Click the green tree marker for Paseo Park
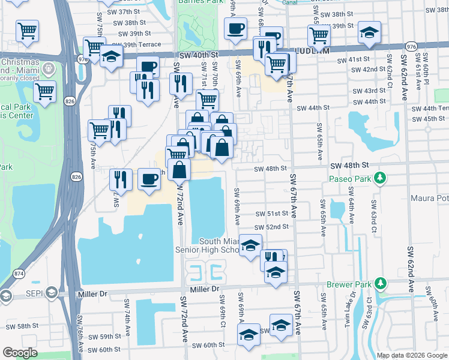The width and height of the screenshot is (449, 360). pos(379,178)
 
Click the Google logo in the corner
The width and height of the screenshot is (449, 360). pos(19,353)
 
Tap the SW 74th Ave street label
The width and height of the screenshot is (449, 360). pos(127,311)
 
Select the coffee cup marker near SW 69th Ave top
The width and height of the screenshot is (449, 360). pos(235,28)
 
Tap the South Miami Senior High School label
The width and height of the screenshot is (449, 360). pos(207,245)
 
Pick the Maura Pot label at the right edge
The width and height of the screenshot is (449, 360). pos(430,198)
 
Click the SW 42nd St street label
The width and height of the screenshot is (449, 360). pos(369,70)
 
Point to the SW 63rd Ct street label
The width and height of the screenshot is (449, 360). pos(373,216)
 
